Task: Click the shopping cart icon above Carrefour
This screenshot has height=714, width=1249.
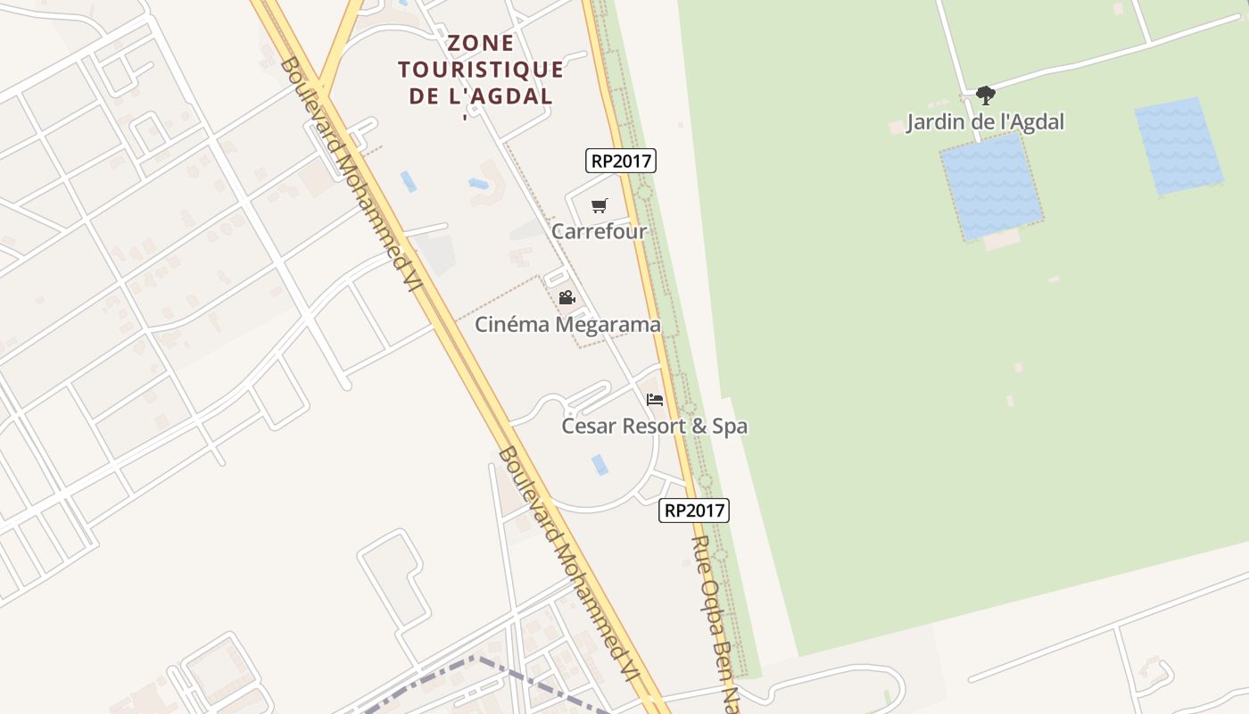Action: (599, 206)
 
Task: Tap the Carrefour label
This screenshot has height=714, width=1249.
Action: (599, 231)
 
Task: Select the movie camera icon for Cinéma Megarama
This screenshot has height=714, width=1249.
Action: (567, 297)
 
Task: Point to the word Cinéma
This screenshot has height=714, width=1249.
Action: (512, 324)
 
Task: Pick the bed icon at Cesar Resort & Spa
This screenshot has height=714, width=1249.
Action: (655, 400)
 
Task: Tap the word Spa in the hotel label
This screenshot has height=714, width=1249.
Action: (729, 427)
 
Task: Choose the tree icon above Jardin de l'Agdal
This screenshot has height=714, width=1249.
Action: (985, 95)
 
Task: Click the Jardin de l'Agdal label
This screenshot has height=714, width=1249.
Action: (985, 121)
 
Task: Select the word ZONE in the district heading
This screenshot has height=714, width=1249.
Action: (480, 43)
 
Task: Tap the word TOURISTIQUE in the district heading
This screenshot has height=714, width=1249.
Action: (480, 70)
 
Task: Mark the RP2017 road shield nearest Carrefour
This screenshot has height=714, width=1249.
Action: (621, 161)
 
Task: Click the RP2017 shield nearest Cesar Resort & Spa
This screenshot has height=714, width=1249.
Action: (694, 511)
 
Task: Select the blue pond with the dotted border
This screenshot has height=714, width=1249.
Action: (991, 186)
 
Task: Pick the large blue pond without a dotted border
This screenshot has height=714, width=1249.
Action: (1178, 146)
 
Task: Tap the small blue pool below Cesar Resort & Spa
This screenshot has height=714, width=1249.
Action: (600, 464)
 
